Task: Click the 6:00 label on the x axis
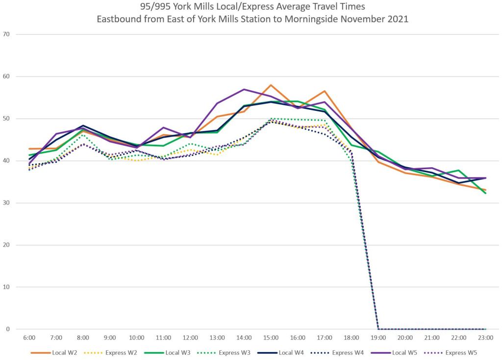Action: pyautogui.click(x=29, y=338)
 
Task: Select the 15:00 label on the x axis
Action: pyautogui.click(x=271, y=338)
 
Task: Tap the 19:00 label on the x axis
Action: pyautogui.click(x=378, y=338)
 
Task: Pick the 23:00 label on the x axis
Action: pyautogui.click(x=485, y=338)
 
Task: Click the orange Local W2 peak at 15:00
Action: pyautogui.click(x=271, y=85)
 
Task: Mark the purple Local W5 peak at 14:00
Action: pyautogui.click(x=244, y=89)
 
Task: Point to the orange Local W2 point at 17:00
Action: pyautogui.click(x=325, y=91)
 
